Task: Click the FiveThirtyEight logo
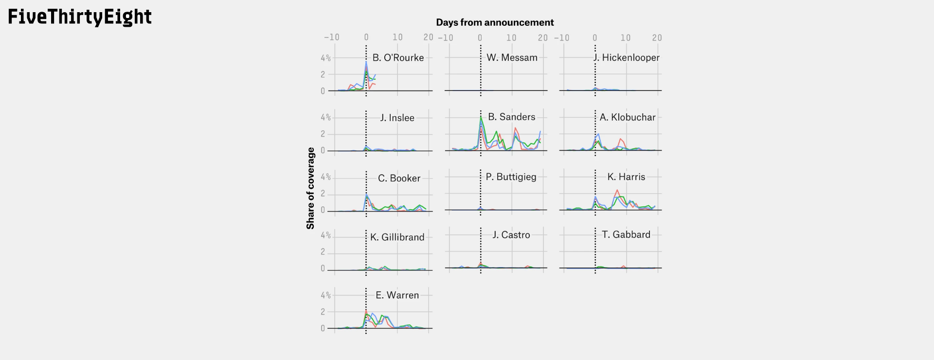[x=80, y=17]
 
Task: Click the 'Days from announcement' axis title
[x=495, y=22]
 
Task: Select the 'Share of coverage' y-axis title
[x=310, y=188]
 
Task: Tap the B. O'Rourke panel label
[x=398, y=58]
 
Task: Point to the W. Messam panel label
[x=512, y=57]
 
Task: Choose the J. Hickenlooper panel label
[x=627, y=57]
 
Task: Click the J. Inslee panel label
[x=397, y=118]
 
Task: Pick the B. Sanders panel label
[x=511, y=117]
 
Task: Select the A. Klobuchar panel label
[x=627, y=117]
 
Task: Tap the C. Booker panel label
[x=399, y=178]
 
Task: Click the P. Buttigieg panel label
[x=511, y=177]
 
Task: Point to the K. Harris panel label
[x=626, y=177]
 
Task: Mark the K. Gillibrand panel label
[x=397, y=237]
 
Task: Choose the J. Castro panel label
[x=511, y=234]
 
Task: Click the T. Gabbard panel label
[x=626, y=234]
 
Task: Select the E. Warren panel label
[x=397, y=295]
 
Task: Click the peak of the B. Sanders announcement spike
[x=481, y=117]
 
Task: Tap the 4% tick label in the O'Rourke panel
[x=325, y=58]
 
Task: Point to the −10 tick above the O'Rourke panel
[x=332, y=37]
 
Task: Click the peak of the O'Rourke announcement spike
[x=366, y=62]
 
